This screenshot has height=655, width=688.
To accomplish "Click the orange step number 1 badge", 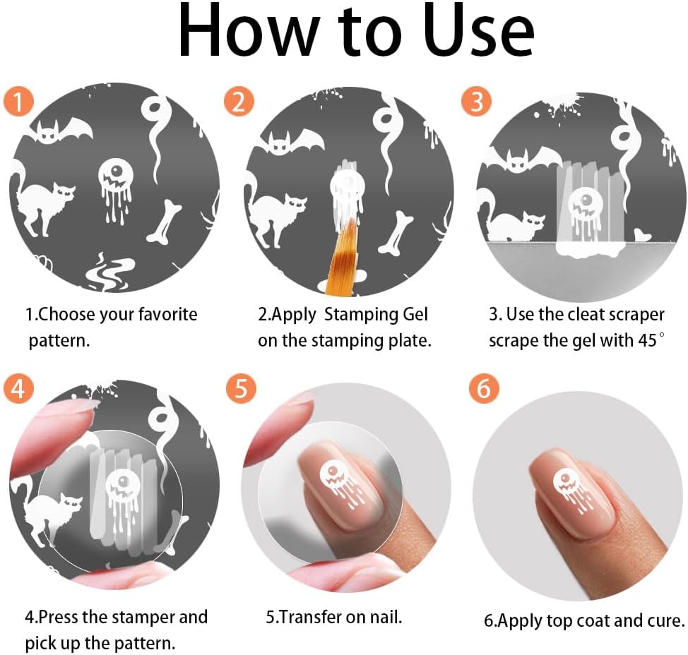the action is tap(18, 101).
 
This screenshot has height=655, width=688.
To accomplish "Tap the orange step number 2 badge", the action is tap(239, 101).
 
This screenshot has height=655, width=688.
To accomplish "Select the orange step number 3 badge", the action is tap(477, 101).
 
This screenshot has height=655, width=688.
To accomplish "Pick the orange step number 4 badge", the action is tap(18, 388).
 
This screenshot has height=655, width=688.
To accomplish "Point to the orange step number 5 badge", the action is tap(241, 388).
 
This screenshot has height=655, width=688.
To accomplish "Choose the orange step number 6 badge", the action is tap(484, 388).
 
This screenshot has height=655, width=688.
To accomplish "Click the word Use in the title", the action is tap(479, 32).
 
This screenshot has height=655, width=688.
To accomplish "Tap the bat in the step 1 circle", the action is tap(59, 131).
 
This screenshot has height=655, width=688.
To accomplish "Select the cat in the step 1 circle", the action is tap(42, 200).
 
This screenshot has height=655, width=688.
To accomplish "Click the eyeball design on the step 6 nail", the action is tap(571, 490).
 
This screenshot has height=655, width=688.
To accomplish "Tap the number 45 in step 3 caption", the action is tap(648, 340).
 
